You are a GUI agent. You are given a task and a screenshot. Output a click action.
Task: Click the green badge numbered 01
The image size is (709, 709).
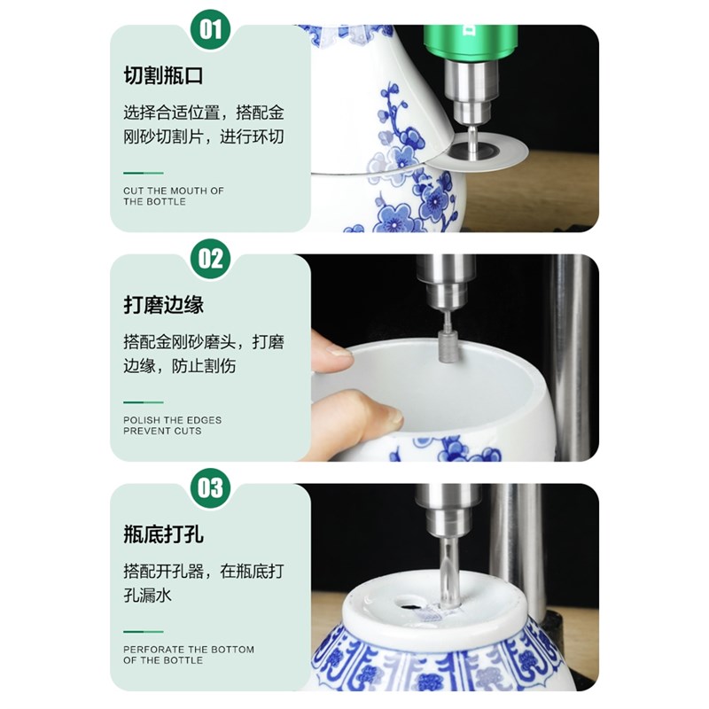211,30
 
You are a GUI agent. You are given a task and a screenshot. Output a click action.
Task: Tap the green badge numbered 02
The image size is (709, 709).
211,260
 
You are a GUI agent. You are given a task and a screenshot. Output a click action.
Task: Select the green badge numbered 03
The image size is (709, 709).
211,488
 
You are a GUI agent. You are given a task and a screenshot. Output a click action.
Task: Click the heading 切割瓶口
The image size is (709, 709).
163,76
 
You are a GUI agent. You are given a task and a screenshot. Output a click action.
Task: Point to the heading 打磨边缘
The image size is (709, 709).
163,305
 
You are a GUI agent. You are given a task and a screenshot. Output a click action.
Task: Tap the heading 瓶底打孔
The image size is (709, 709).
163,534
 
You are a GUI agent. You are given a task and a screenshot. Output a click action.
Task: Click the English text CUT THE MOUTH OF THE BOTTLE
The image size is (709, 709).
174,196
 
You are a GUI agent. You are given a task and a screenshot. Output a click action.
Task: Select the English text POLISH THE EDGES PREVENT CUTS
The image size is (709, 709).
173,425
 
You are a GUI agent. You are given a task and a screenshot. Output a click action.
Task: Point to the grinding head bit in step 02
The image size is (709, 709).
448,346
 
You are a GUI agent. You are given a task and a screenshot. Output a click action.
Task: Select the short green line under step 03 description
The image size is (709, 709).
143,631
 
